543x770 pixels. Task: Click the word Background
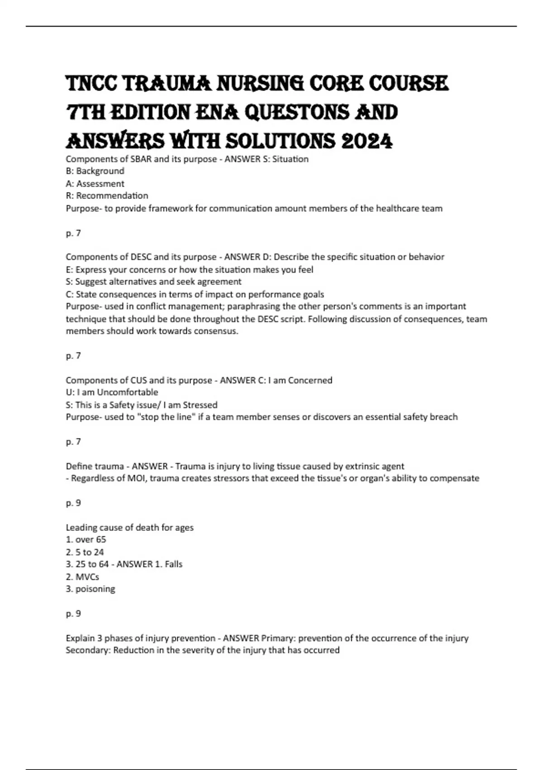100,171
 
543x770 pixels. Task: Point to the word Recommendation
112,196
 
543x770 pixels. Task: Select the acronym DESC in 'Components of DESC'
142,257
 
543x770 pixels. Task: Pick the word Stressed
200,405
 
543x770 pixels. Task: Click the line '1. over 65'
86,539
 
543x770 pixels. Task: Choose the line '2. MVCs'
82,577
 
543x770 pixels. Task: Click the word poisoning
95,589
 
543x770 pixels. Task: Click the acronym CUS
139,380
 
